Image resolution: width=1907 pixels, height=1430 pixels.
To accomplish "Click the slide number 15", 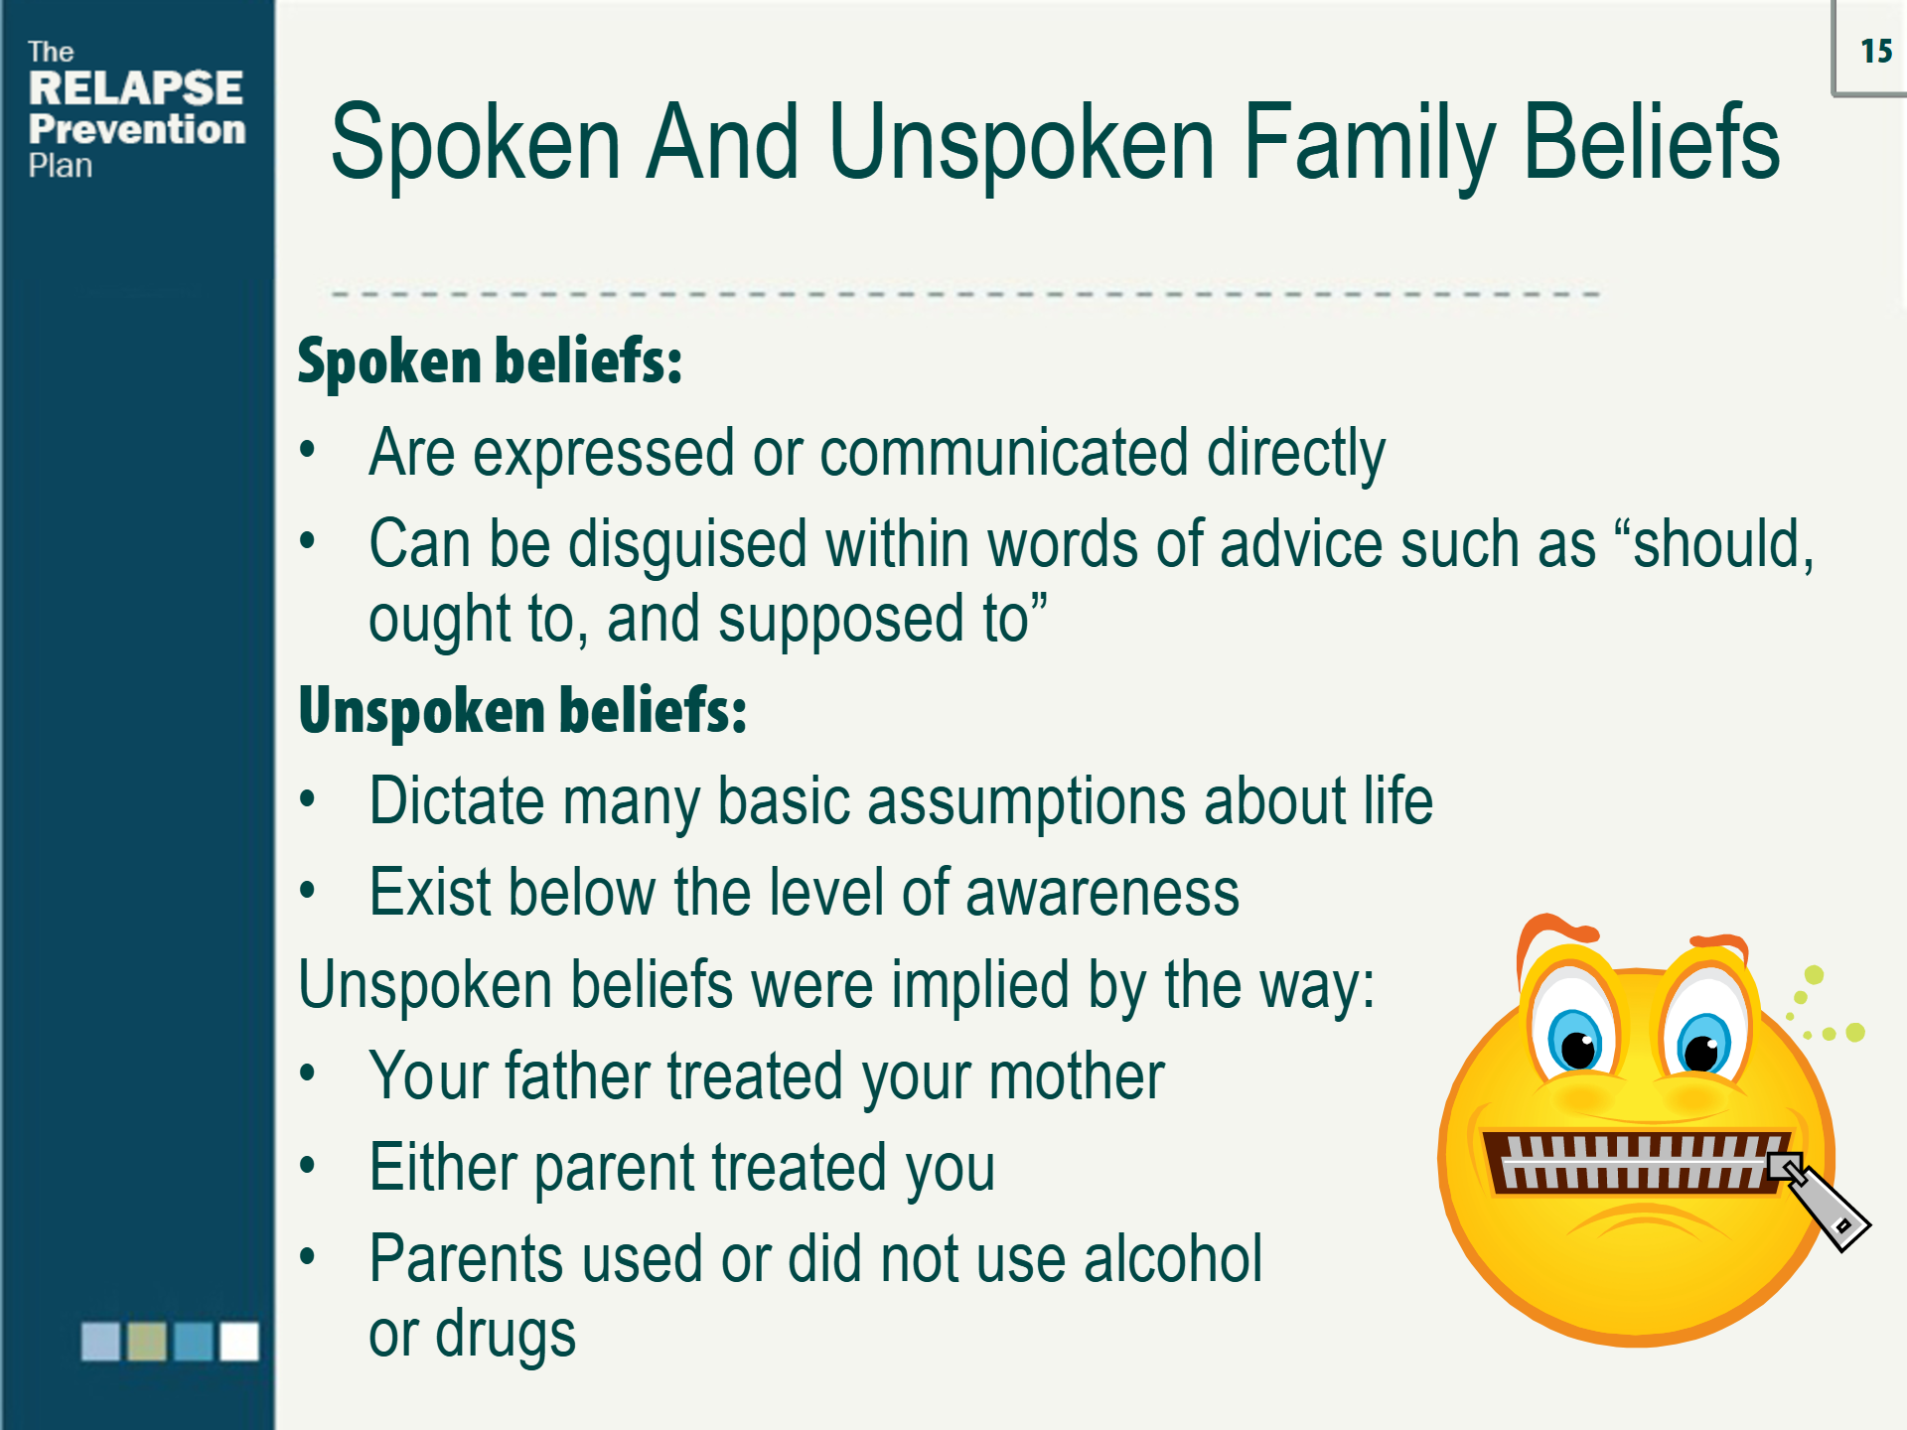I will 1875,51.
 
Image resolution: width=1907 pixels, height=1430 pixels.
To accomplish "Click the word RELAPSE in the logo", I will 135,88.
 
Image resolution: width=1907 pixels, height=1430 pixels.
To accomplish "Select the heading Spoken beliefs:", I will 490,360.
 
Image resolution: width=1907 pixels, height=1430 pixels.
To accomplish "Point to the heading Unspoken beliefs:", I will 522,711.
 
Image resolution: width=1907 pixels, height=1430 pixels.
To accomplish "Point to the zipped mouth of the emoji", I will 1634,1161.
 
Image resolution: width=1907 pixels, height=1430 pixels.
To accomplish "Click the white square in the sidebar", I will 238,1341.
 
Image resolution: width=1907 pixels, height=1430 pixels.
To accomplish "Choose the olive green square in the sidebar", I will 147,1341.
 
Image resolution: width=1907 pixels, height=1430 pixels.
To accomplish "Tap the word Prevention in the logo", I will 137,129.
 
